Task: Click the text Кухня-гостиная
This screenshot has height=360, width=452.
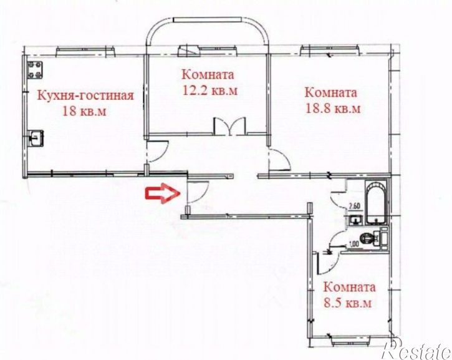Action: coord(85,95)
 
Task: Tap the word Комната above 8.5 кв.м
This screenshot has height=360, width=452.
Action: coord(349,288)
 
